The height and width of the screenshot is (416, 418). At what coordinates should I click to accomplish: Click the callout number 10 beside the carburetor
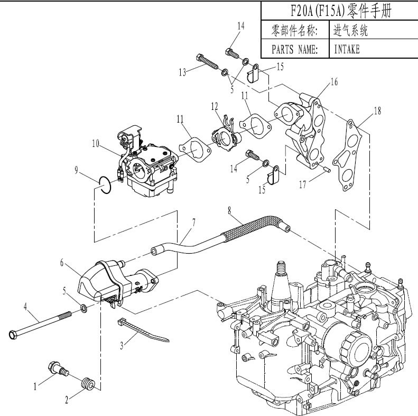coord(95,142)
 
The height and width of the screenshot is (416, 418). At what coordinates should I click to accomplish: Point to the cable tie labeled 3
coord(140,330)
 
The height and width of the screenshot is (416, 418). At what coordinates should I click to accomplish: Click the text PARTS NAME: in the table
coord(294,50)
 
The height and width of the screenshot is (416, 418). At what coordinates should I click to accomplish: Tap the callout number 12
coord(214,107)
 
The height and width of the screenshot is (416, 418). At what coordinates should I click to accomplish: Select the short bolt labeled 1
coord(58,368)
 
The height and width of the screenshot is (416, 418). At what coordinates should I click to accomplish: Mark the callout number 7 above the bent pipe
coord(194,223)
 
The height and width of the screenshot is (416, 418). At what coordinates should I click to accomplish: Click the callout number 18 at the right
coord(376,111)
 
